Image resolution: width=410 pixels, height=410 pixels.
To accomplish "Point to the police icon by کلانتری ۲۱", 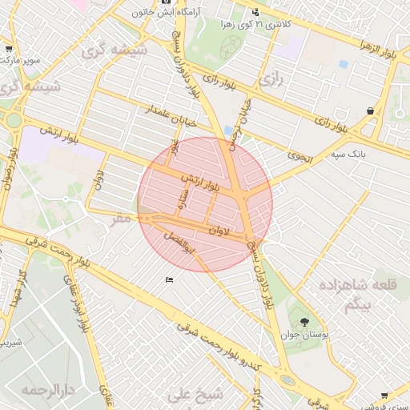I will click(x=255, y=12).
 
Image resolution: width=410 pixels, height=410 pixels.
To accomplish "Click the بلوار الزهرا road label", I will click(x=363, y=43).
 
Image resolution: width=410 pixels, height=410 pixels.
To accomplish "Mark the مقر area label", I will click(x=122, y=218).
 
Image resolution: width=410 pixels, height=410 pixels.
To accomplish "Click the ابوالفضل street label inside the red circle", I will click(x=178, y=239).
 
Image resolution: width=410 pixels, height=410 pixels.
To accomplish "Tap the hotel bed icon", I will click(x=169, y=279).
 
